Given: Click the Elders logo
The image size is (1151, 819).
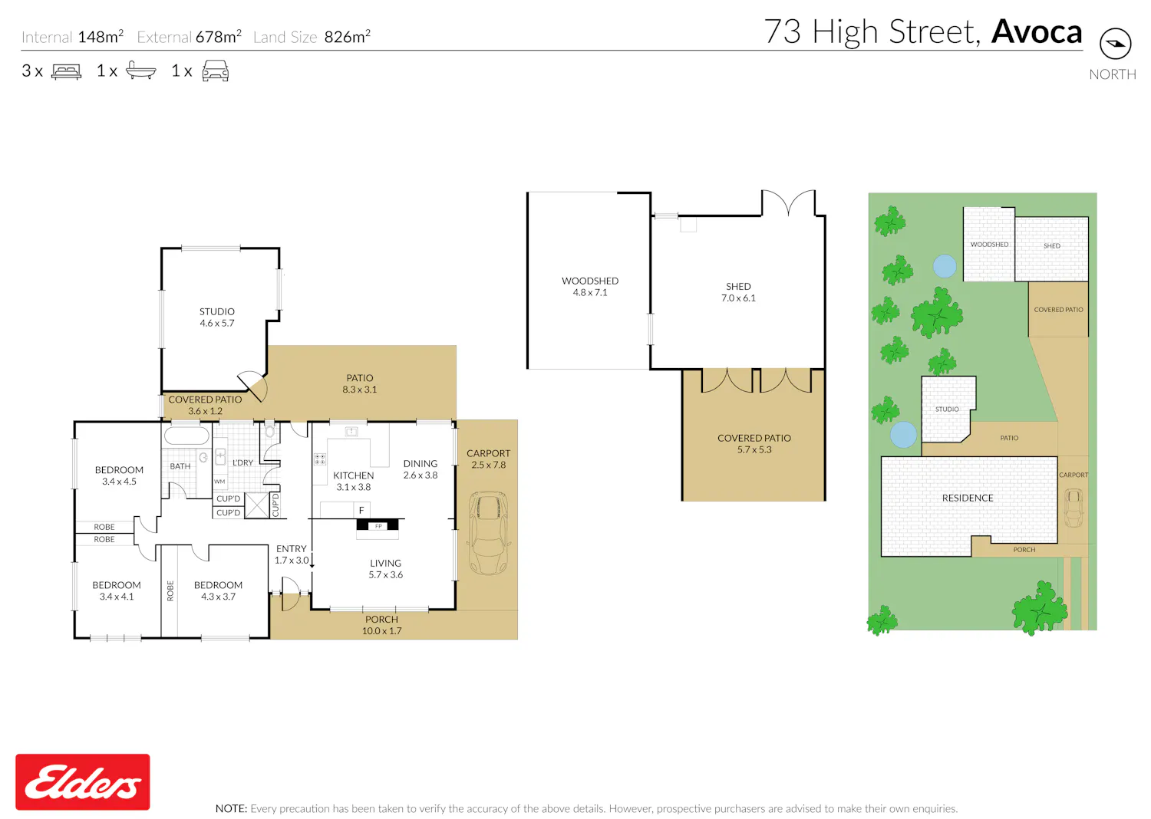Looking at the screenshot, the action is tap(83, 781).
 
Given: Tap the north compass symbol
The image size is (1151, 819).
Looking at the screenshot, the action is tap(1115, 44).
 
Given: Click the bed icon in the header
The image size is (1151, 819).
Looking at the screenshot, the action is tap(66, 71).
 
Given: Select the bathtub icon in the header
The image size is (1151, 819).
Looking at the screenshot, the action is tap(140, 71).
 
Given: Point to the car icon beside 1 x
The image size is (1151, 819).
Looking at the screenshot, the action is tap(216, 71).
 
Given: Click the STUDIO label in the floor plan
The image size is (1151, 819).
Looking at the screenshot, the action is tap(217, 311).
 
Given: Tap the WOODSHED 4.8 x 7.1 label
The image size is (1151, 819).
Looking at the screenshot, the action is tap(590, 287).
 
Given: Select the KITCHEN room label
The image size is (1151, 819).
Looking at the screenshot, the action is tap(354, 475).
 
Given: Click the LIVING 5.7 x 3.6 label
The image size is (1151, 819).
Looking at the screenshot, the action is tap(385, 569).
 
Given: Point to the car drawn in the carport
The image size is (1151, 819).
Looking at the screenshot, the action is tap(488, 533).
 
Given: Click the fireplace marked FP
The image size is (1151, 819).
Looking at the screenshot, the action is tap(378, 525).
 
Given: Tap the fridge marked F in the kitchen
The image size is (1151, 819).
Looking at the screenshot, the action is tap(361, 510).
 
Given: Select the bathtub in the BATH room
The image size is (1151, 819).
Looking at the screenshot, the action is tap(186, 435).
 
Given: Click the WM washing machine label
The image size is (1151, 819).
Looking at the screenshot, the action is tap(219, 482).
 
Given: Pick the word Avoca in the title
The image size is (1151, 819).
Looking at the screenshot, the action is tap(1037, 32).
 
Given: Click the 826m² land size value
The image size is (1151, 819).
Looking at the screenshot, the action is tap(348, 37).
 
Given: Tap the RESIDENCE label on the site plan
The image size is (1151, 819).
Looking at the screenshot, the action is tap(968, 498).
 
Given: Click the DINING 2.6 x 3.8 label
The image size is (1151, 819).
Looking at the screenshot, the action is tap(420, 469).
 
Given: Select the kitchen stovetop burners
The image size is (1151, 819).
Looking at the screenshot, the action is tap(320, 459).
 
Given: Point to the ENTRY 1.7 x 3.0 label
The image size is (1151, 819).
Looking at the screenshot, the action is tap(292, 554).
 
